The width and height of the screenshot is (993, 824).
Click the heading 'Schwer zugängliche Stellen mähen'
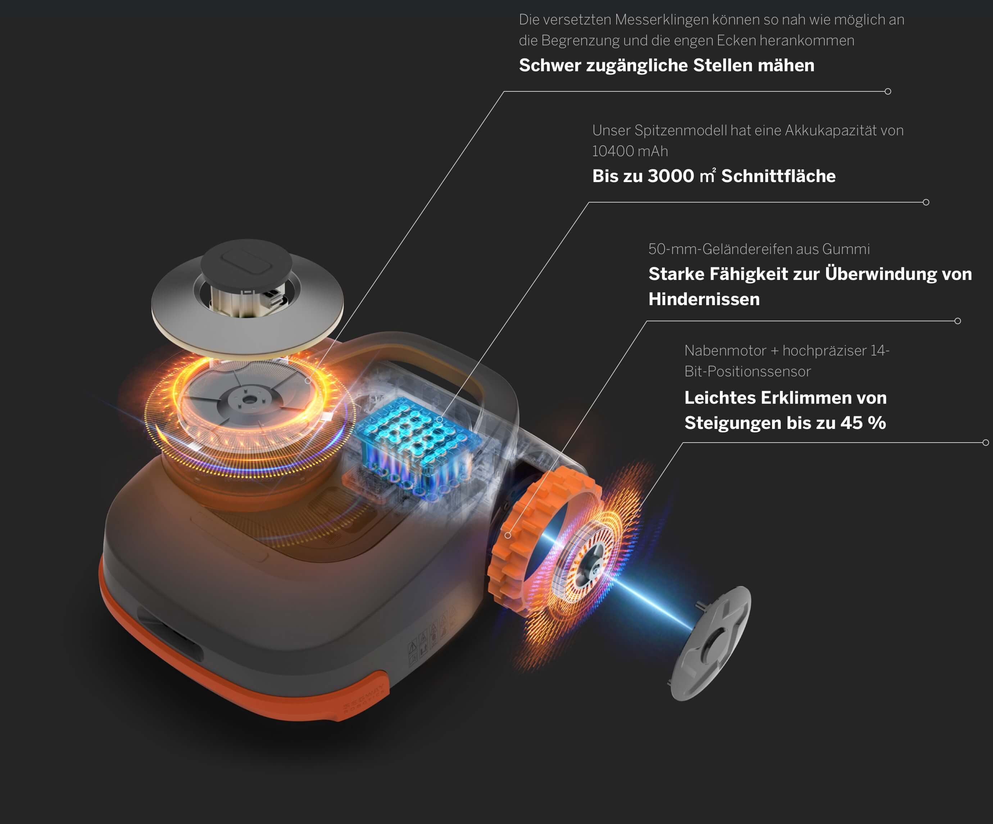click(x=667, y=65)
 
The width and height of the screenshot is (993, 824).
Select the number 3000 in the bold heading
click(x=671, y=176)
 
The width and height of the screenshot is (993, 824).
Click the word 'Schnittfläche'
click(x=778, y=176)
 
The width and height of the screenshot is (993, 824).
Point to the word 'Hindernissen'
click(x=704, y=299)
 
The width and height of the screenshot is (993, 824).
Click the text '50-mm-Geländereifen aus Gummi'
click(x=759, y=249)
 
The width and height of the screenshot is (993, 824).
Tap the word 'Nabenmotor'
click(x=725, y=350)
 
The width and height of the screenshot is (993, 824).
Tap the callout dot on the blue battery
click(x=440, y=420)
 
